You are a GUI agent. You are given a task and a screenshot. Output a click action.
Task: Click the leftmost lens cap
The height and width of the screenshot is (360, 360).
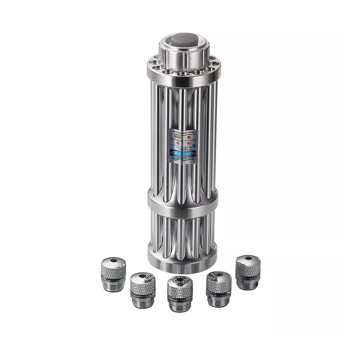coord(113,274)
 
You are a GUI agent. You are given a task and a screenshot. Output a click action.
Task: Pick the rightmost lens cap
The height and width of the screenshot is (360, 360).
coord(247,272)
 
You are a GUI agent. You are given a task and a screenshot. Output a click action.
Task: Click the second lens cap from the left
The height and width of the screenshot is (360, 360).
coord(142,289)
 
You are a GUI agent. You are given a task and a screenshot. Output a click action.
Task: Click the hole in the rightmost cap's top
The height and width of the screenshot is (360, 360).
coord(247,259)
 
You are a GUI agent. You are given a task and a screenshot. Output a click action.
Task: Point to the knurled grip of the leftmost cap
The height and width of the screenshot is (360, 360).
coord(113,272)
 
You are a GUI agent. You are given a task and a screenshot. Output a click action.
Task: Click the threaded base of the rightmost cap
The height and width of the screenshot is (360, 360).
coord(247,284)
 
